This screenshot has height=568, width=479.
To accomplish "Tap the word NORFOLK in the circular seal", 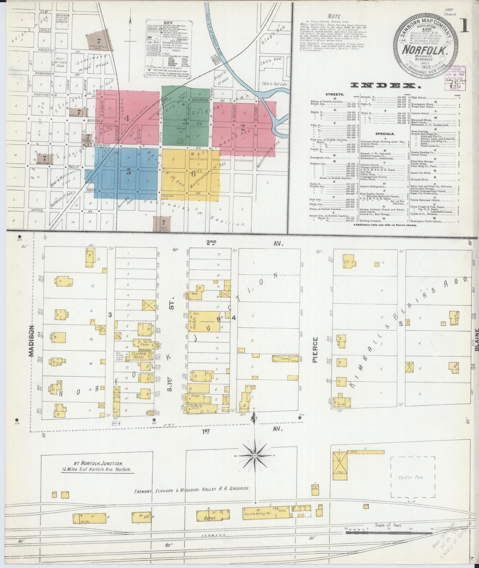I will click(425, 49).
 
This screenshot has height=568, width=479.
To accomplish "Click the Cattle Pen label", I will click(410, 477).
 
